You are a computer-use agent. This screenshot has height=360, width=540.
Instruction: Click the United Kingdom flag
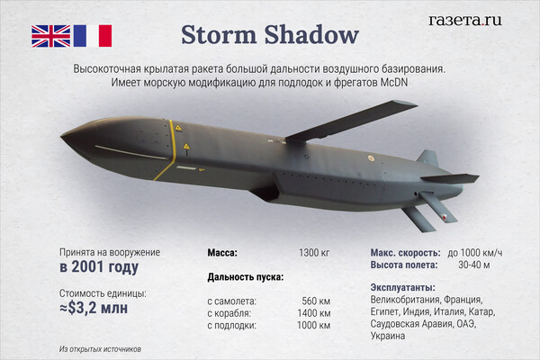click(51, 36)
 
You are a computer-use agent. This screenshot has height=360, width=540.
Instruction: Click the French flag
click(93, 36)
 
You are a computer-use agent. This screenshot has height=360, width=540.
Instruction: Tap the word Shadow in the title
click(311, 34)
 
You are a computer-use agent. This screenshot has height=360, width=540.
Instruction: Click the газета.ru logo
click(465, 20)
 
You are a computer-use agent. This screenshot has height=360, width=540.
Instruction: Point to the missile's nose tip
click(62, 137)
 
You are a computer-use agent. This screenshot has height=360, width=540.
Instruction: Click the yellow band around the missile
click(171, 151)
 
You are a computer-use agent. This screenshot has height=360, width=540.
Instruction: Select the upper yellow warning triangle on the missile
click(178, 128)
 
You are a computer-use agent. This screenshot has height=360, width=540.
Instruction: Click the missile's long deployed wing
click(351, 121)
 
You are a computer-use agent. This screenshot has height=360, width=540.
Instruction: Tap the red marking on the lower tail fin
click(445, 218)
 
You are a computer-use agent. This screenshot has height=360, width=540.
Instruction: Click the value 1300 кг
click(314, 253)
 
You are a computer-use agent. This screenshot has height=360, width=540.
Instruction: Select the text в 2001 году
click(99, 267)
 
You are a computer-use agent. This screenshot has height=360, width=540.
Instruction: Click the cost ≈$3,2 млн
click(94, 308)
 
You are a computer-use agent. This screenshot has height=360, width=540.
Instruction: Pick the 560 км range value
click(316, 301)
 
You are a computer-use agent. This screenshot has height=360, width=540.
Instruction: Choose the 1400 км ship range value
click(314, 313)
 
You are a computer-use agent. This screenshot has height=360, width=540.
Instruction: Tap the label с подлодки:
click(232, 326)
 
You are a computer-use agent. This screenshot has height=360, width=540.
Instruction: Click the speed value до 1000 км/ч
click(475, 253)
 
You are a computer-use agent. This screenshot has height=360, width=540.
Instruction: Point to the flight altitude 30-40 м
click(474, 265)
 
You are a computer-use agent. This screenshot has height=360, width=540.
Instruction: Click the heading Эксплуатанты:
click(403, 288)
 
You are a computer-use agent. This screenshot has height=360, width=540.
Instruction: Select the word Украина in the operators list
click(388, 336)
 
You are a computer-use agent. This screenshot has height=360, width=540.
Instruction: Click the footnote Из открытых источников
click(100, 349)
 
